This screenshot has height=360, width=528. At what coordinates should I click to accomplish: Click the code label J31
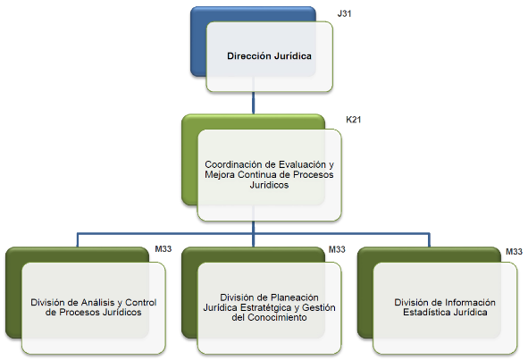pos(344,13)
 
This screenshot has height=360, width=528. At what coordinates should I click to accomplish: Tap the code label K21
pos(353,120)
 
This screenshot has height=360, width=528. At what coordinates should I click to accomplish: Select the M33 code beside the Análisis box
pos(163,249)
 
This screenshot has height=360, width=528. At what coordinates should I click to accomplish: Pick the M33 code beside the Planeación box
pos(337,249)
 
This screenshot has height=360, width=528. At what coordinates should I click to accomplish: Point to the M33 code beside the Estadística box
pos(514,252)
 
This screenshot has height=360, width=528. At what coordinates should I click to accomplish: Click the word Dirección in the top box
pos(249,56)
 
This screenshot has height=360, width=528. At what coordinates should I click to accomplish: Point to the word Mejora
pos(220,174)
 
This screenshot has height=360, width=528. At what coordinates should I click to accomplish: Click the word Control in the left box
pos(141,303)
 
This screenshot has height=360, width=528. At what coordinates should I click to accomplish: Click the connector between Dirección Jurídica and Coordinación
pos(253,103)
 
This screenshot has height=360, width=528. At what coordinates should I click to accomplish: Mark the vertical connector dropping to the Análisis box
pos(78,240)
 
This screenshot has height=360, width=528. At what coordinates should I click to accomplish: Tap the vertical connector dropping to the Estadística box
pos(429,240)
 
